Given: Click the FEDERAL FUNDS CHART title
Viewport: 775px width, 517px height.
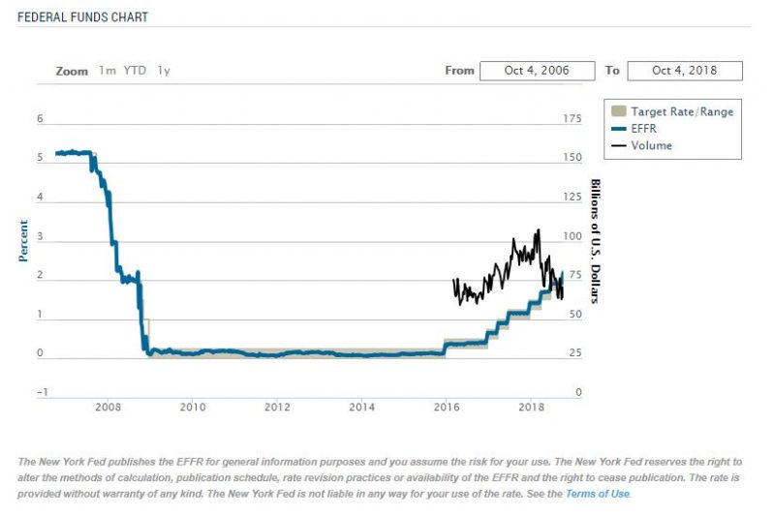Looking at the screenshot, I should pyautogui.click(x=82, y=17).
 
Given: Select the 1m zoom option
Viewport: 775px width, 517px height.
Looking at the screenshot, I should pyautogui.click(x=107, y=71).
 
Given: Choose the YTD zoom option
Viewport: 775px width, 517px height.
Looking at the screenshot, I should pyautogui.click(x=135, y=71).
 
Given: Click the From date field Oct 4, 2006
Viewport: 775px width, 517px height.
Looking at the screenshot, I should pyautogui.click(x=537, y=71).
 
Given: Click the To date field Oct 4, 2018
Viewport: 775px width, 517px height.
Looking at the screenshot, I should pyautogui.click(x=685, y=71).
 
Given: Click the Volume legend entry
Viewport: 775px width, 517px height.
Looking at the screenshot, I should pyautogui.click(x=651, y=146).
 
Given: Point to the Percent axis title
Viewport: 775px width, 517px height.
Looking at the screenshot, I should pyautogui.click(x=24, y=241).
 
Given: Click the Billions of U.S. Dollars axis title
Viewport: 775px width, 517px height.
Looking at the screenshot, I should pyautogui.click(x=595, y=241).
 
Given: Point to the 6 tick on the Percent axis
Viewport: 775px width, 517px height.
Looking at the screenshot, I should pyautogui.click(x=40, y=119).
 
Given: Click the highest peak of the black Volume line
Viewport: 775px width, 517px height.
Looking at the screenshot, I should pyautogui.click(x=538, y=230).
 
